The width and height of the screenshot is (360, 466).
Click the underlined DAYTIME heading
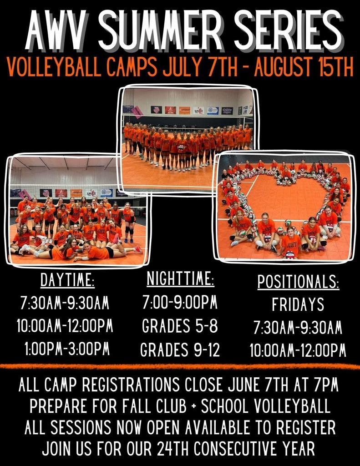pos(67,280)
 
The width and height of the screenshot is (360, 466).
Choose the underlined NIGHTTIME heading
pos(180,279)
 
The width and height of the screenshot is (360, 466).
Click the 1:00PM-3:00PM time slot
pos(67,349)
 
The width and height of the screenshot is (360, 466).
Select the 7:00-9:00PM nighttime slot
pos(180,302)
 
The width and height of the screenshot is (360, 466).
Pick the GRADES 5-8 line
pos(180,326)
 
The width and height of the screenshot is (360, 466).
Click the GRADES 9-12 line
pos(180,349)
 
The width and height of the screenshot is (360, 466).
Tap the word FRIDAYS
pos(298,304)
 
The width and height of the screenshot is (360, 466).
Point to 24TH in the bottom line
pos(173,448)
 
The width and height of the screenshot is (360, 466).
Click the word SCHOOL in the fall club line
pos(224,406)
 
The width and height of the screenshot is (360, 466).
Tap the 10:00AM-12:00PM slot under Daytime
pos(65,325)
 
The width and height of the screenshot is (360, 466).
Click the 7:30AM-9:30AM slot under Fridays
pos(298,328)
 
